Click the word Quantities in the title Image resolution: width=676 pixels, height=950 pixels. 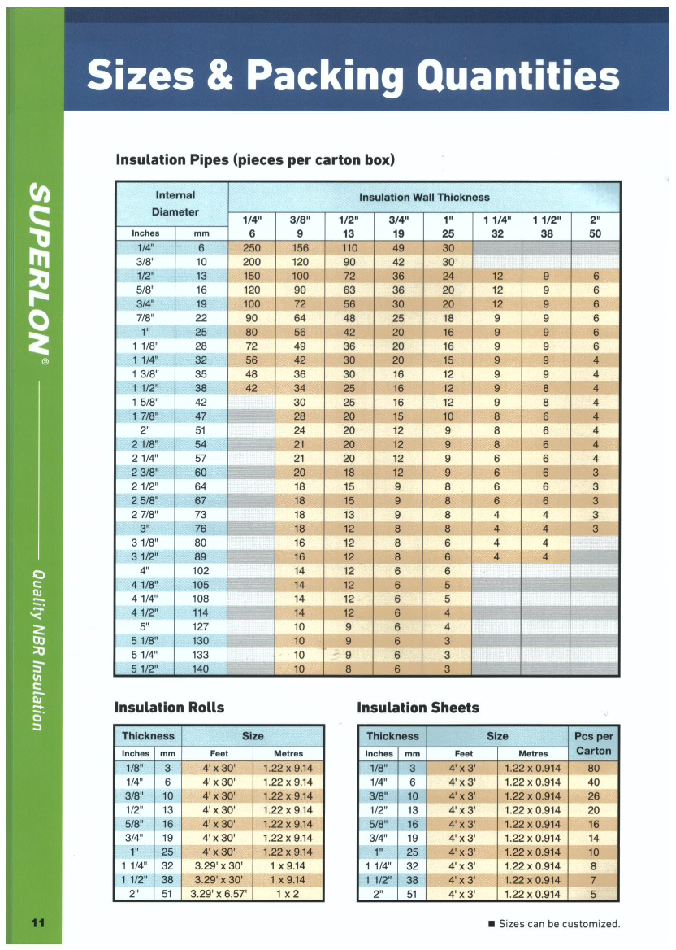517,76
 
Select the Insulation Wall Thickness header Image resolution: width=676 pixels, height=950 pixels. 424,197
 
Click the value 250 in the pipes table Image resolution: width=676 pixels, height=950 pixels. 252,248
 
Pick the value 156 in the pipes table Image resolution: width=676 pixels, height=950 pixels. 301,248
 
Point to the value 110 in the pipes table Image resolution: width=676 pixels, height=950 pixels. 349,248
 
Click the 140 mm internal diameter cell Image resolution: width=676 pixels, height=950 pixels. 201,669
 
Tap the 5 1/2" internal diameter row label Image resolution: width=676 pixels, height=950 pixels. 145,669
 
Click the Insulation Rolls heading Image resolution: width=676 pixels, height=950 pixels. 169,707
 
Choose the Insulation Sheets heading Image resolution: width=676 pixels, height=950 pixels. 418,707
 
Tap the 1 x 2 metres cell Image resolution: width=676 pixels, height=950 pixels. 288,894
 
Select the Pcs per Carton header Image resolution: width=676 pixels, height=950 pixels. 593,743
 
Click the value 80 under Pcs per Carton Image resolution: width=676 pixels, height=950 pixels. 593,768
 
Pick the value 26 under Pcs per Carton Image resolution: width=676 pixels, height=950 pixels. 593,796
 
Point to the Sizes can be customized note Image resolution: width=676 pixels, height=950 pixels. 558,923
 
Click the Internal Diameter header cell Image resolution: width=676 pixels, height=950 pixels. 175,203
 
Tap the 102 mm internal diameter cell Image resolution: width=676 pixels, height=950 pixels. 201,571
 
